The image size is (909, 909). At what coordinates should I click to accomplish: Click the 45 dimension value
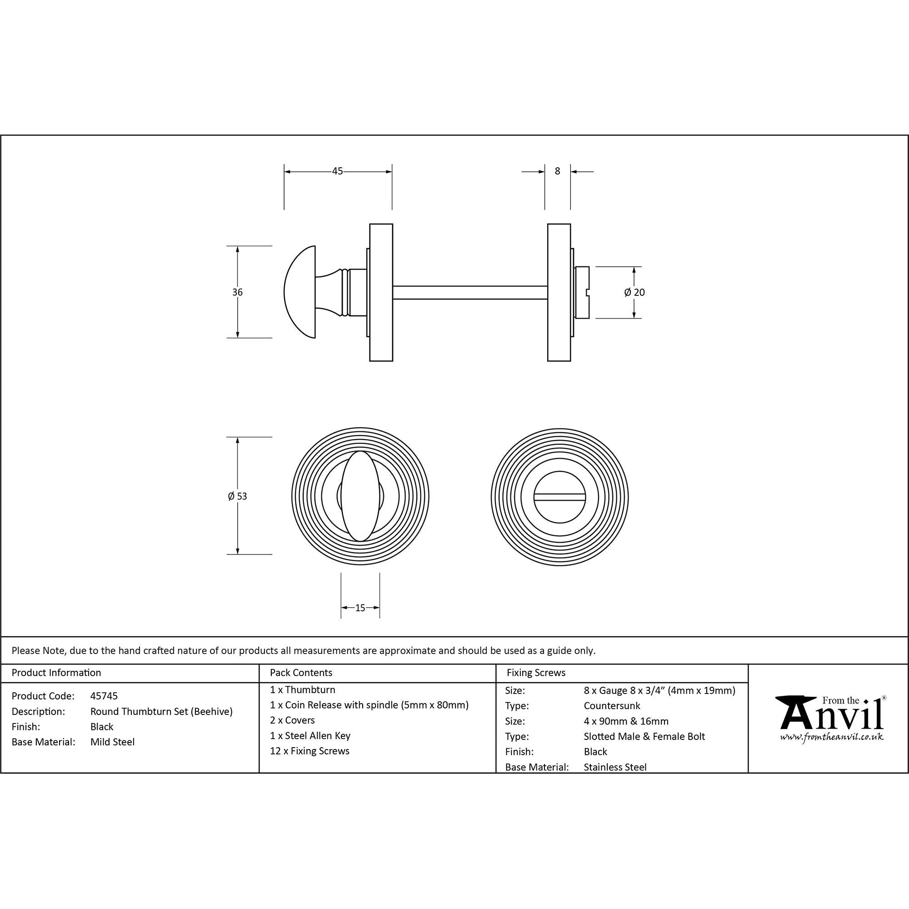click(337, 171)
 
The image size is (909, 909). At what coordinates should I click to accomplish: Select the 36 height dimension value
click(237, 292)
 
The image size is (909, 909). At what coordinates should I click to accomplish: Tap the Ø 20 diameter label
click(634, 292)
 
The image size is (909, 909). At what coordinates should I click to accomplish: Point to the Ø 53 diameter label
click(237, 496)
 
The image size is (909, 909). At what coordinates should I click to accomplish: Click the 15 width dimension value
click(360, 608)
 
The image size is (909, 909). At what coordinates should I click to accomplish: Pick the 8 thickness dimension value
click(558, 171)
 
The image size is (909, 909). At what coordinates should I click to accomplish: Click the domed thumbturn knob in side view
click(300, 292)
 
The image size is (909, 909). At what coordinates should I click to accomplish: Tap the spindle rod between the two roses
click(470, 292)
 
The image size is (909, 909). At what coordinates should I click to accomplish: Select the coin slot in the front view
click(559, 497)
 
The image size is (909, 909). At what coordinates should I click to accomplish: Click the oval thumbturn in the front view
click(360, 496)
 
